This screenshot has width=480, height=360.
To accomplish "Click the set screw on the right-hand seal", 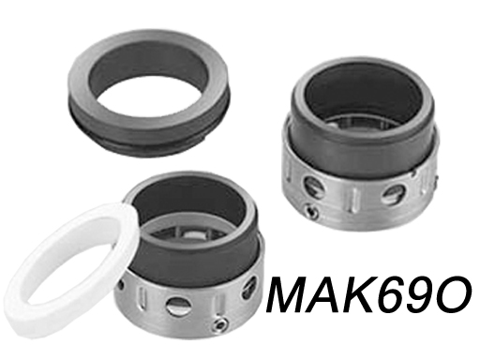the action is [311, 211].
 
